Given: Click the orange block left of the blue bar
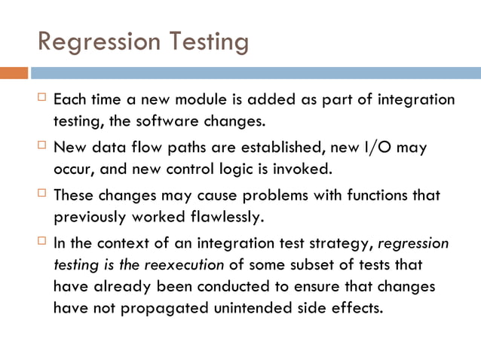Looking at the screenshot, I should tap(14, 74).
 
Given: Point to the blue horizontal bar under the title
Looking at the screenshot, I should tap(256, 74).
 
